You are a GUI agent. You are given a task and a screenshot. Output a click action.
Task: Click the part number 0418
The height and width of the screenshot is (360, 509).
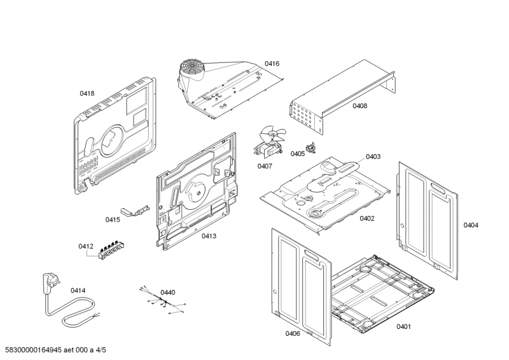click(87, 93)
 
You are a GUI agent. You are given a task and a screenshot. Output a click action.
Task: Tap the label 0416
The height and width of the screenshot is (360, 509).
click(272, 64)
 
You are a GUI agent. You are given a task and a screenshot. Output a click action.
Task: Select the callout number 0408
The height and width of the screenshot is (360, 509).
click(359, 106)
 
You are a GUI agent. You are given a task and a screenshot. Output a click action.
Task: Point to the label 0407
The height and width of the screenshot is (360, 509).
click(265, 167)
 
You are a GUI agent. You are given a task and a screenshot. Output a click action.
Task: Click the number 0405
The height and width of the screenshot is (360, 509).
click(298, 154)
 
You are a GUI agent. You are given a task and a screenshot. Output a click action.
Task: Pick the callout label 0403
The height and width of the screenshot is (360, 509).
click(373, 156)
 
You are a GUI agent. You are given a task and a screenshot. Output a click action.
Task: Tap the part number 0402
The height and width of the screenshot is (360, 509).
click(366, 218)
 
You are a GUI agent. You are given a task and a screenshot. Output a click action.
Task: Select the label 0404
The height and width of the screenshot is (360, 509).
click(471, 225)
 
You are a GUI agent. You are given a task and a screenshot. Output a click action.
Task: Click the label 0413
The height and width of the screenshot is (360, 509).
click(209, 237)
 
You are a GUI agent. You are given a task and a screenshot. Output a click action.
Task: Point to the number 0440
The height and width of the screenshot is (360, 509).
click(167, 293)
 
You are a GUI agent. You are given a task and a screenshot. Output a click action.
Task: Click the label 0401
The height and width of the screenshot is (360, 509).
click(403, 327)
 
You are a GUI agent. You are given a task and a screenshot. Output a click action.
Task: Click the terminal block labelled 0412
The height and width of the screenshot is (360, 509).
click(111, 250)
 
